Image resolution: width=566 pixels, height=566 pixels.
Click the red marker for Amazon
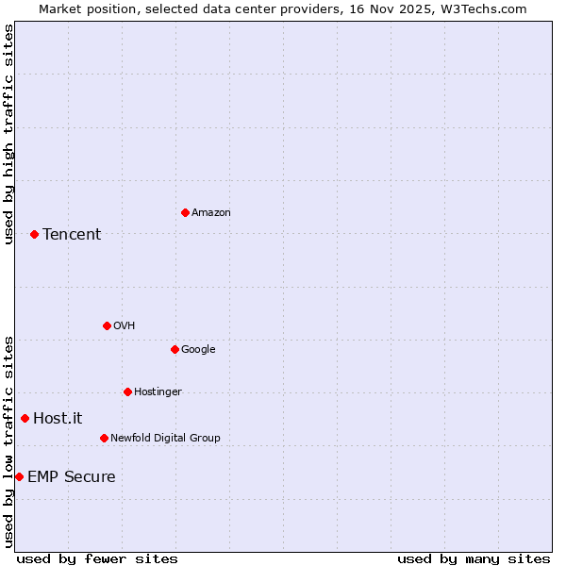[x=185, y=212]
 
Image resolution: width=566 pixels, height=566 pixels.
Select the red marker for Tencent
[x=34, y=234]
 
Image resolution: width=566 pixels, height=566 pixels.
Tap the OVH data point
[x=107, y=325]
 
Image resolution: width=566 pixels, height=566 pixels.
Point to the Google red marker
[x=175, y=349]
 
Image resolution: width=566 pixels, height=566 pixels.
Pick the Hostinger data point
[x=127, y=391]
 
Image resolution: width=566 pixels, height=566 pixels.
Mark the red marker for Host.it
[x=25, y=418]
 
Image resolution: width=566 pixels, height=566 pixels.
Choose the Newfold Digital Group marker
[x=104, y=438]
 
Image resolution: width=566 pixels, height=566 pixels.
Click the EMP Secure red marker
[x=19, y=476]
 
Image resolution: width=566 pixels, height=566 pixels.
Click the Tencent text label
[x=72, y=235]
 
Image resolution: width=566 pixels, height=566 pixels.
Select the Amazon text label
[x=210, y=213]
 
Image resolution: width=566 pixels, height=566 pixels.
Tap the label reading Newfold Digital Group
[x=165, y=438]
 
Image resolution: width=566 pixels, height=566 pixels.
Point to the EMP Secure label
[x=72, y=477]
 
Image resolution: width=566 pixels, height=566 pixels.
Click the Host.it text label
[x=58, y=419]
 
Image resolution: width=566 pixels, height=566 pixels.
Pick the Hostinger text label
[x=158, y=392]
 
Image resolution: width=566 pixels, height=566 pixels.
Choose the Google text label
[x=198, y=350]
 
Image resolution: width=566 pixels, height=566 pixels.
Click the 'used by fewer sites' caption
[x=97, y=558]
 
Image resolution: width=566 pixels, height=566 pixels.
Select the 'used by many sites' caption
[x=474, y=558]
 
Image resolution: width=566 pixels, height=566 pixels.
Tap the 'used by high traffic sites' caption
[x=8, y=134]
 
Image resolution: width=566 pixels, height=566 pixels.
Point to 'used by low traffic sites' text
[x=8, y=441]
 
